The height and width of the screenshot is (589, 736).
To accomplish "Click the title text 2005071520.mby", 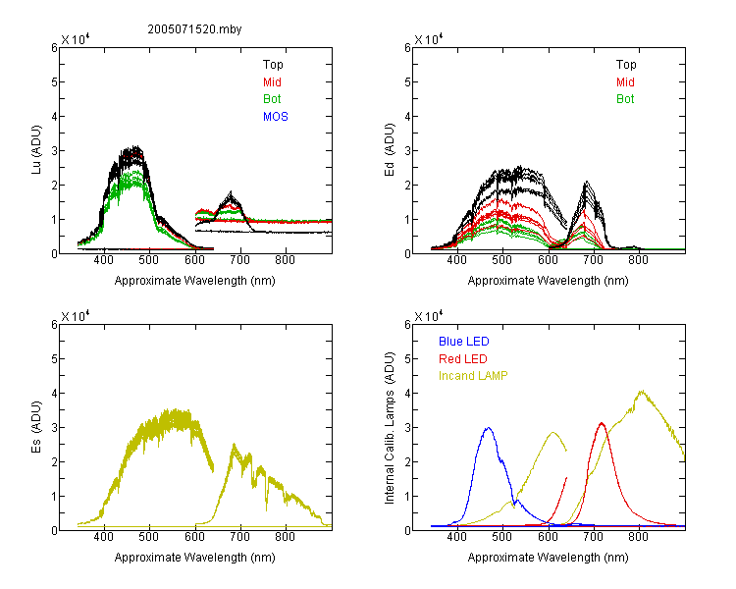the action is (194, 29).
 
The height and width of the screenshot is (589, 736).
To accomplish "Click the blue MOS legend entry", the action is (276, 117).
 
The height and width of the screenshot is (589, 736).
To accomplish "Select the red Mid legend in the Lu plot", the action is (272, 82).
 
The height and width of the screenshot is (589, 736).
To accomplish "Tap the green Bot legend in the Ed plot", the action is (625, 99).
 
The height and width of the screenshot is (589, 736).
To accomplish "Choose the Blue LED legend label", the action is (464, 342).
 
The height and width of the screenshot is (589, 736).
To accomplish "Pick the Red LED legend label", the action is (463, 359).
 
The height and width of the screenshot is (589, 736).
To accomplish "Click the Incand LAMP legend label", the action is (473, 376).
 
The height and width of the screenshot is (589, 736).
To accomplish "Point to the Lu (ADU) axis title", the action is (36, 149).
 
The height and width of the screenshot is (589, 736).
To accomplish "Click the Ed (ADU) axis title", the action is (390, 150).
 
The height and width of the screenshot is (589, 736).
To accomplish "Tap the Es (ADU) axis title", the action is (36, 427).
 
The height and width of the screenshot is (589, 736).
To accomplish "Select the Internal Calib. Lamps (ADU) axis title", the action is (390, 428).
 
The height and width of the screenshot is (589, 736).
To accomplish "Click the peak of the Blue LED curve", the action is (488, 428).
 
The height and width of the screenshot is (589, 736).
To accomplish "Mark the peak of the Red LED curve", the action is (602, 423).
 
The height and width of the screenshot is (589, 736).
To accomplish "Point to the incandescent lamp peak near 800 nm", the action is (642, 391).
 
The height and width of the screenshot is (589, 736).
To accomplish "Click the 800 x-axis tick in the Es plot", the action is (286, 537).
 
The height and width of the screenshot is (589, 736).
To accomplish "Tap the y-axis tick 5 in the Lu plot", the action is (54, 82).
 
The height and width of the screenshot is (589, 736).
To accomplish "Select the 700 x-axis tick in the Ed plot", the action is (594, 260).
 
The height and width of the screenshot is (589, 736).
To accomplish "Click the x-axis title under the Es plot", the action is (195, 558).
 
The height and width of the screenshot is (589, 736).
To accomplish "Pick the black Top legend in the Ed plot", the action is (626, 65).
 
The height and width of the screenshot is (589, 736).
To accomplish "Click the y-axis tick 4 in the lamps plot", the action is (407, 393).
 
